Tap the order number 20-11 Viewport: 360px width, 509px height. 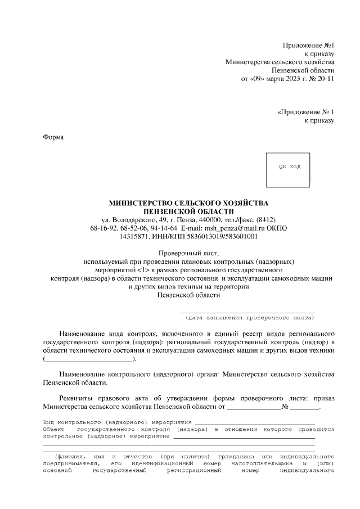click(x=326, y=79)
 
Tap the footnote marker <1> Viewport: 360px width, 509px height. click(x=138, y=270)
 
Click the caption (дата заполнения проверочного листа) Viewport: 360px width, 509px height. click(x=247, y=317)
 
